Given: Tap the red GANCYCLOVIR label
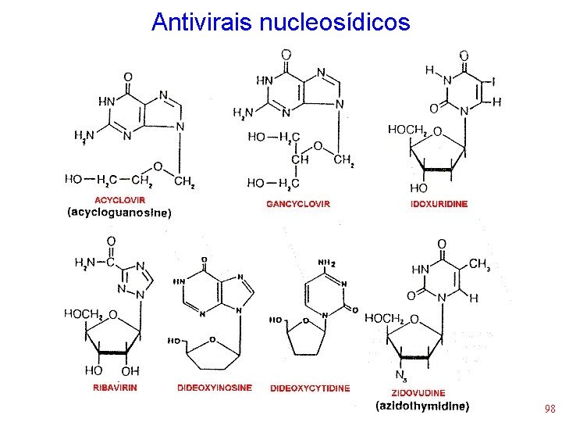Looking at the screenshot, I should click(x=298, y=204).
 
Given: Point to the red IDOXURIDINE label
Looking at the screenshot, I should click(x=439, y=204).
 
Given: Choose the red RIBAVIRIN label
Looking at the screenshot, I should click(x=117, y=388).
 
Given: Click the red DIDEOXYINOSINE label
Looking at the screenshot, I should click(x=215, y=388).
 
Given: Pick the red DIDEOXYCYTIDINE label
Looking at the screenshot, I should click(x=310, y=388).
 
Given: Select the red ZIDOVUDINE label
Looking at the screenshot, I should click(x=420, y=392).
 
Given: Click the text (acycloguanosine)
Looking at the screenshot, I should click(x=118, y=212).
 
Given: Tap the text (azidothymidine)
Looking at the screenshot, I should click(x=422, y=406).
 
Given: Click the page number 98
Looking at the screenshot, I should click(x=550, y=409).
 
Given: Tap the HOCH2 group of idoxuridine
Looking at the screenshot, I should click(x=407, y=130).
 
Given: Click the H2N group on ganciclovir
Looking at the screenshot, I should click(x=243, y=113).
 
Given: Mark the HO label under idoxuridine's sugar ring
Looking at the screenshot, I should click(x=418, y=188).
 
